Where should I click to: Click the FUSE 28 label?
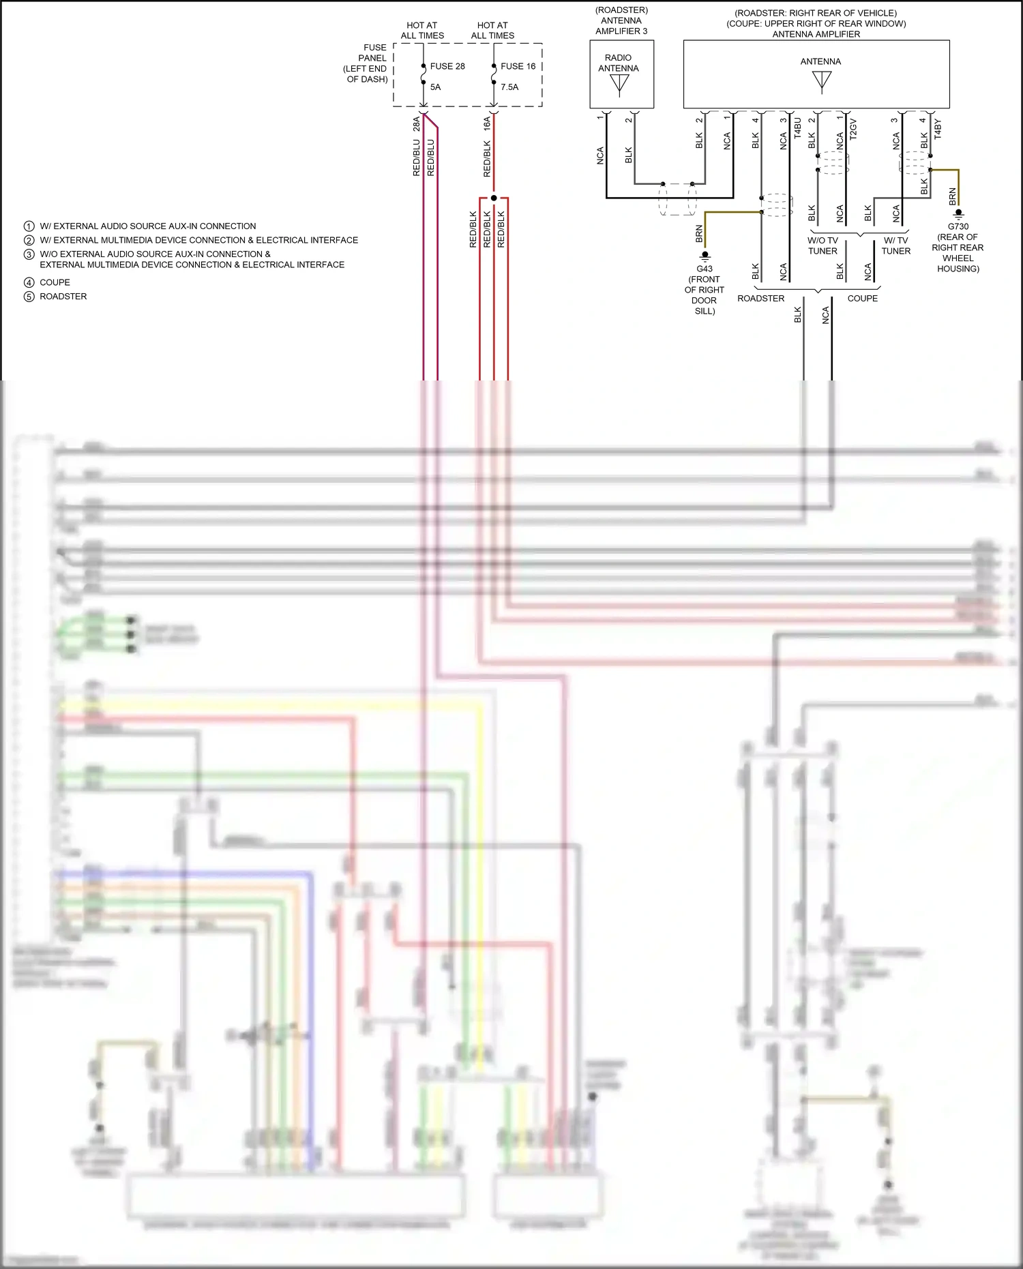tap(447, 66)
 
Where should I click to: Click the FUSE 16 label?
tap(518, 66)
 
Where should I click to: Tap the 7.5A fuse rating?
tap(509, 87)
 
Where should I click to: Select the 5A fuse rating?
tap(435, 87)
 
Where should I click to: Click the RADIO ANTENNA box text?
tap(618, 63)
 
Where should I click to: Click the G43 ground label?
tap(705, 269)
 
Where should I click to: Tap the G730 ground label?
tap(958, 226)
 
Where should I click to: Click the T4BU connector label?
tap(797, 128)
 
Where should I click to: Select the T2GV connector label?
tap(853, 128)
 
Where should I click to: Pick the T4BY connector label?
tap(937, 128)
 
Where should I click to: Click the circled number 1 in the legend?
tap(29, 226)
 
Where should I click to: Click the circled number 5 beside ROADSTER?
tap(29, 297)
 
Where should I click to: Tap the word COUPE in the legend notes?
tap(55, 282)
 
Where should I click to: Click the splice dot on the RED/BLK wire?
tap(494, 198)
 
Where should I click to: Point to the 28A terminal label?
tap(416, 123)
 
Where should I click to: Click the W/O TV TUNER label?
tap(822, 245)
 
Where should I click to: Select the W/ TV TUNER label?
tap(895, 245)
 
